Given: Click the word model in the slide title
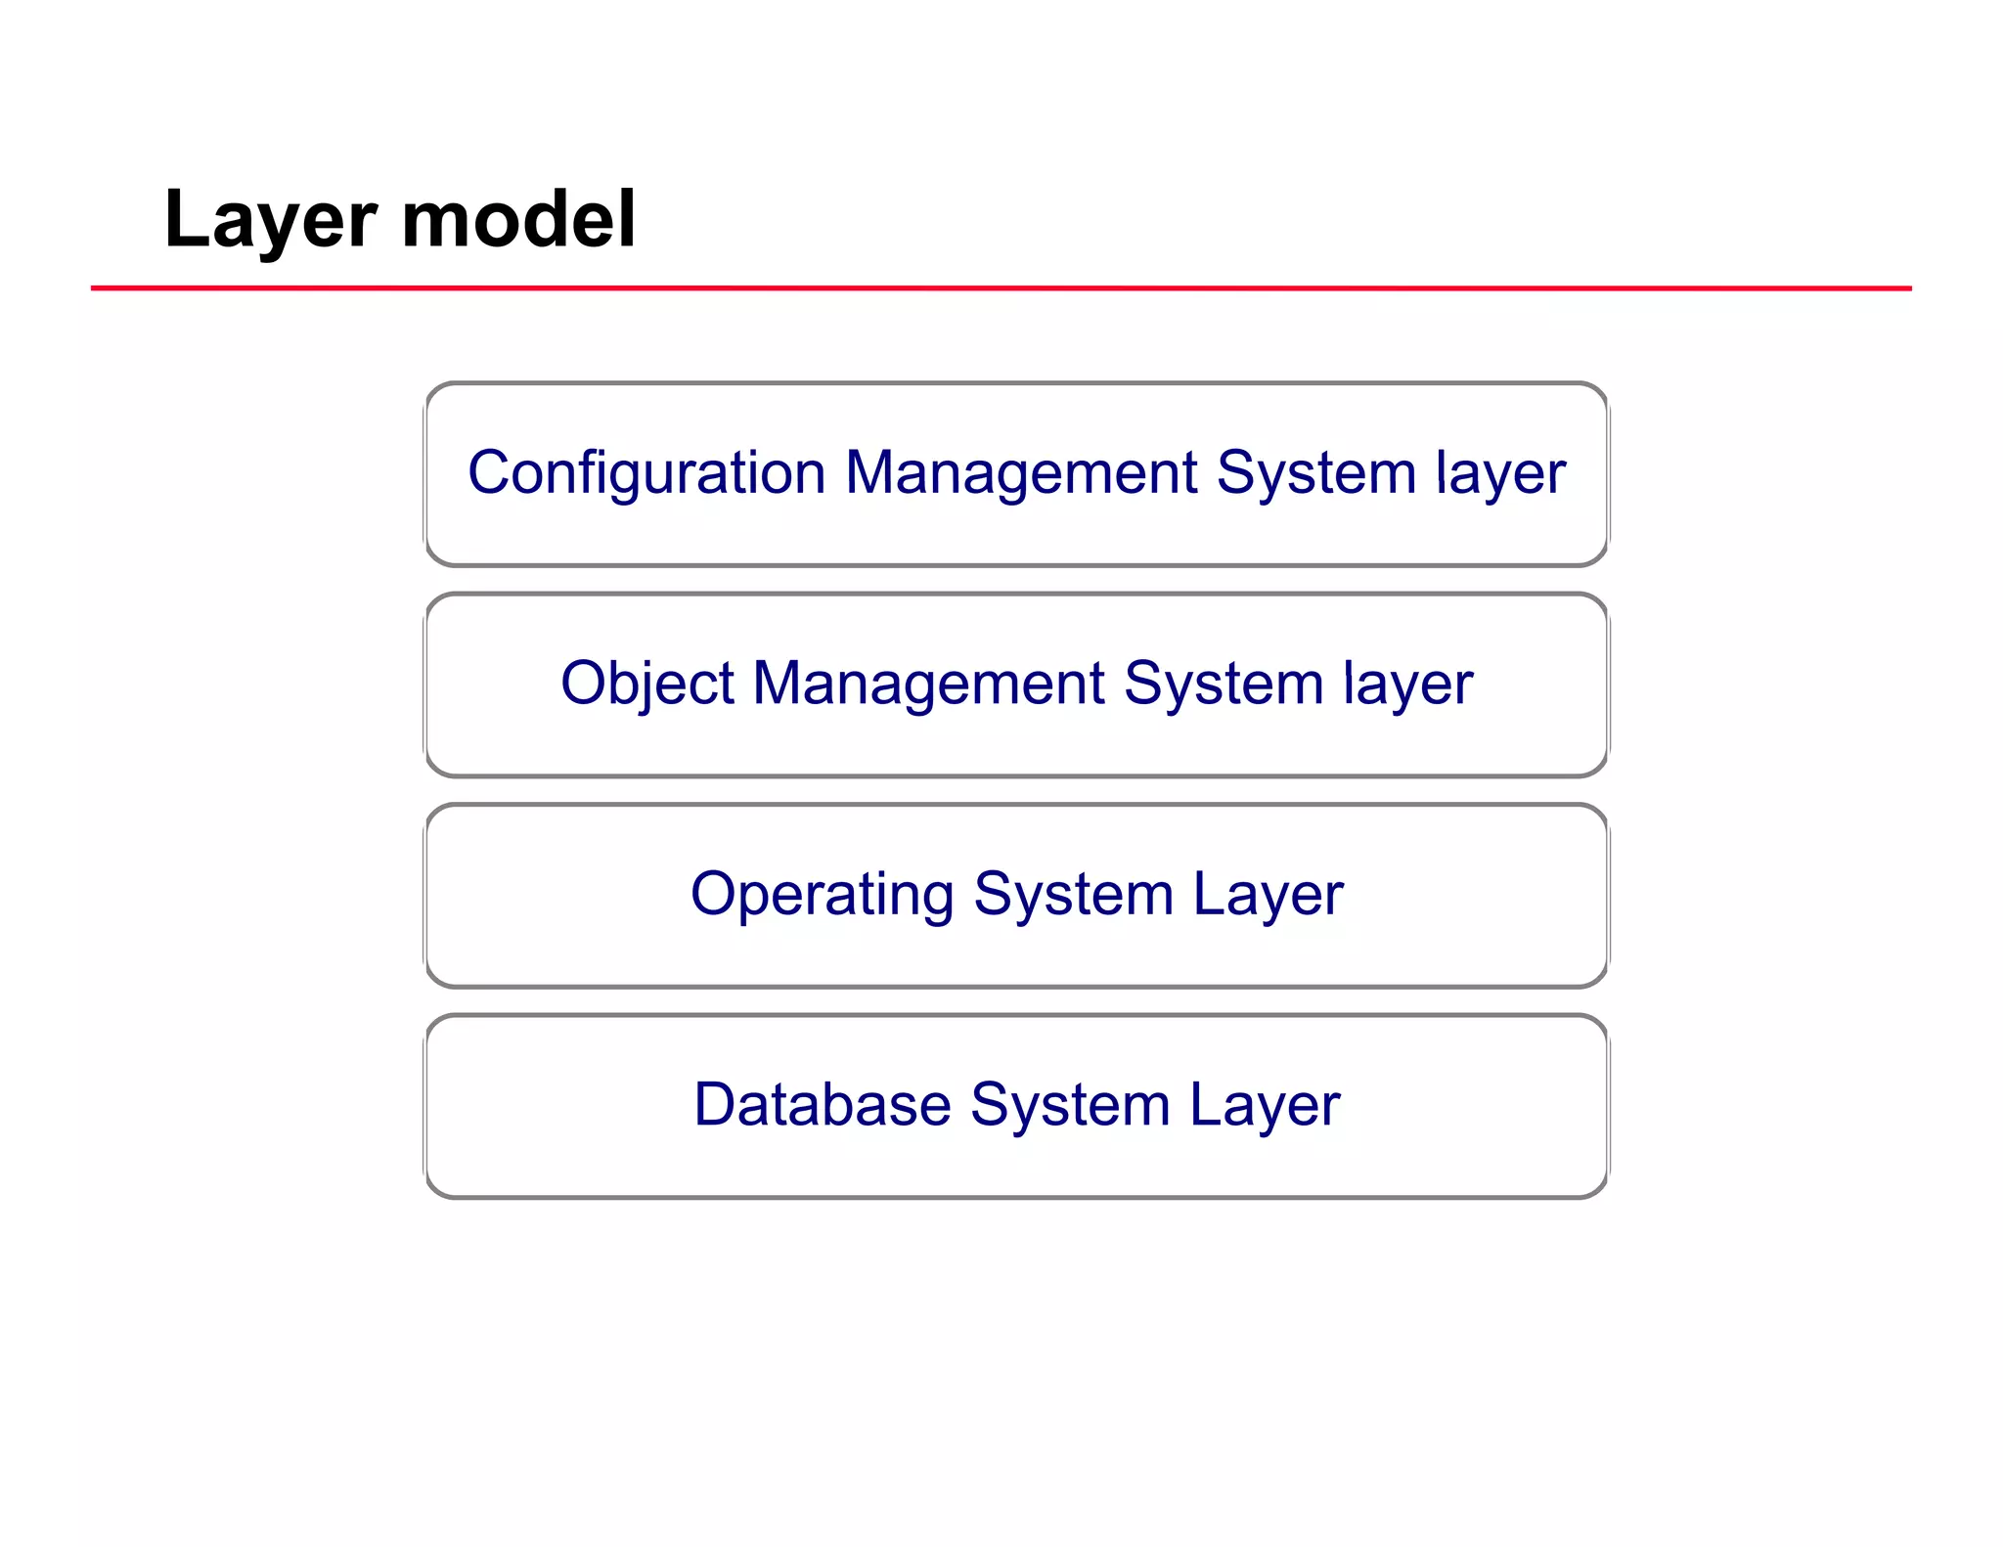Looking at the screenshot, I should pos(518,219).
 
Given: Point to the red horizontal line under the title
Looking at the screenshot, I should pos(1001,288).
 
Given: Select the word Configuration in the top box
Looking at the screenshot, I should pos(646,474).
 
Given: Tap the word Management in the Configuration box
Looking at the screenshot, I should pos(1020,474).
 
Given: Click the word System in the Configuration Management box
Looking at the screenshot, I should pos(1315,474).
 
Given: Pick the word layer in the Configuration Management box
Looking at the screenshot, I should pos(1500,474).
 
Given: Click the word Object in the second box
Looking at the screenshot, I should pos(646,684).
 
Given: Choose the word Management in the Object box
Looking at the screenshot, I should pos(928,684).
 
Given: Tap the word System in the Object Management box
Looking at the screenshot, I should pos(1224,684).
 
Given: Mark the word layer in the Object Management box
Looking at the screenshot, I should pos(1407,684).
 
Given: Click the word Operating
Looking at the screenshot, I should pos(822,895).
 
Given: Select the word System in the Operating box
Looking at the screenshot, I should pos(1073,895).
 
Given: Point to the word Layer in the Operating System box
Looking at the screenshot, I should pos(1268,895).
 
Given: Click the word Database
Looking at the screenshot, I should pos(822,1106).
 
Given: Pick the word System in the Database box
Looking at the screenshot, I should pos(1070,1106).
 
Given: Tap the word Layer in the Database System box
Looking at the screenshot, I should pos(1265,1106).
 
